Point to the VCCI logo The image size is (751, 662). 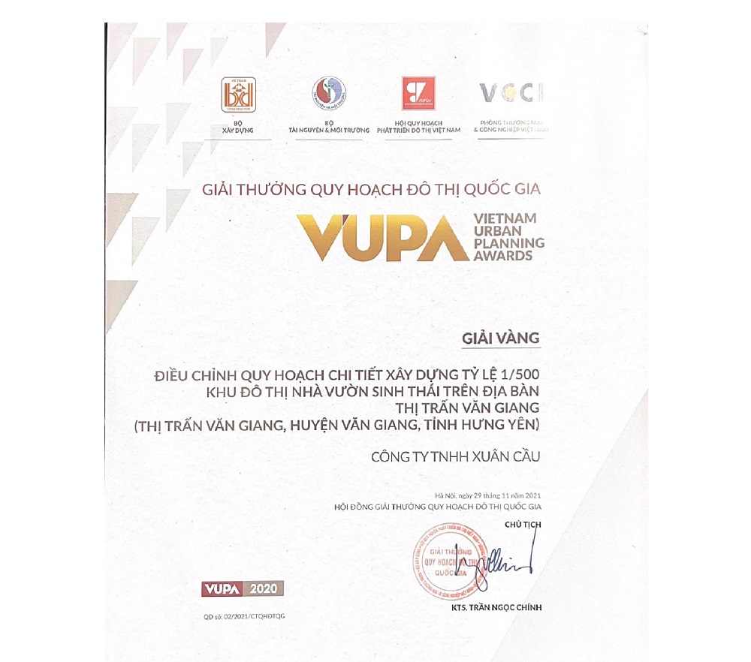[x=511, y=92]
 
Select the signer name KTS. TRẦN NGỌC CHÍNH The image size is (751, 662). [x=496, y=607]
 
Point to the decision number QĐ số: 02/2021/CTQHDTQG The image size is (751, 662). [x=244, y=616]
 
